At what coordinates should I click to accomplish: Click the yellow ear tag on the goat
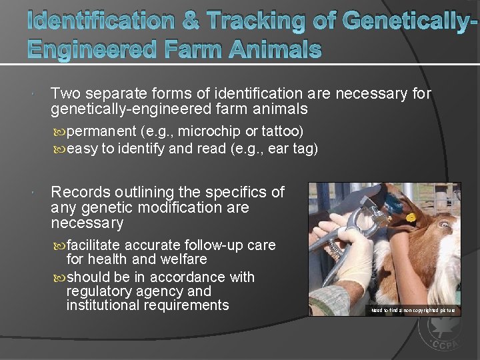[x=411, y=217]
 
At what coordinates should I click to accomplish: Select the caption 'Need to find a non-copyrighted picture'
[x=413, y=310]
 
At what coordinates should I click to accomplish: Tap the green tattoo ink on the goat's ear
[x=393, y=204]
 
